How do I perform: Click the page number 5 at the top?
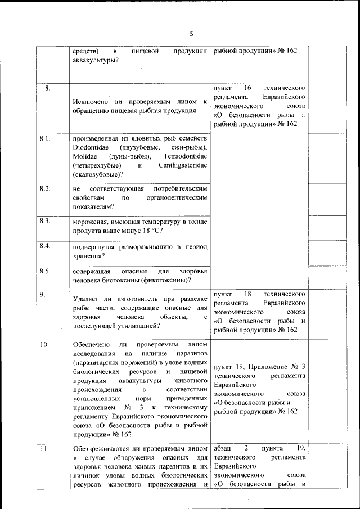(x=191, y=34)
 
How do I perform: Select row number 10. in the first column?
(x=44, y=344)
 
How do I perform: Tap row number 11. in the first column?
(x=44, y=448)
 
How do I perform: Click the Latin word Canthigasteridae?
(x=179, y=165)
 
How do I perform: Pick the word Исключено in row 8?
(x=92, y=101)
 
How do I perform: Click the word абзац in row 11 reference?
(x=223, y=448)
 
